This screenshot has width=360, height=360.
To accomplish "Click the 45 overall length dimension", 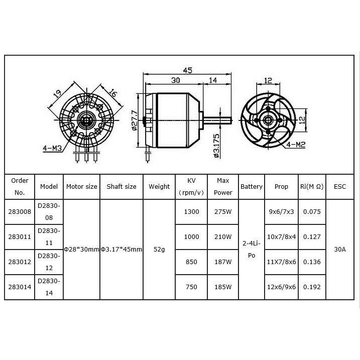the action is point(187,70).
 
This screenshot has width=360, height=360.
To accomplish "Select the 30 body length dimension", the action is point(176,80).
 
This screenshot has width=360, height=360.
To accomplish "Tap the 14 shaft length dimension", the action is point(212,80).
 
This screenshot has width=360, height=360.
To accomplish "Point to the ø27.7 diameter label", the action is point(135,121).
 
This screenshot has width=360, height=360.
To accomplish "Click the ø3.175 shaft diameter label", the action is point(216,146).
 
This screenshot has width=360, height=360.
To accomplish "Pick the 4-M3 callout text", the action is point(53,148).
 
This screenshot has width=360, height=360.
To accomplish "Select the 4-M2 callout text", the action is point(296,145).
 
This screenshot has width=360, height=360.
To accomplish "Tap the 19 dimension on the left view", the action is point(57,93).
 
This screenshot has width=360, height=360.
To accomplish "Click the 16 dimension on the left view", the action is point(113,93).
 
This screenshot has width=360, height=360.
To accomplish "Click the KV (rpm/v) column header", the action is point(191,186).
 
